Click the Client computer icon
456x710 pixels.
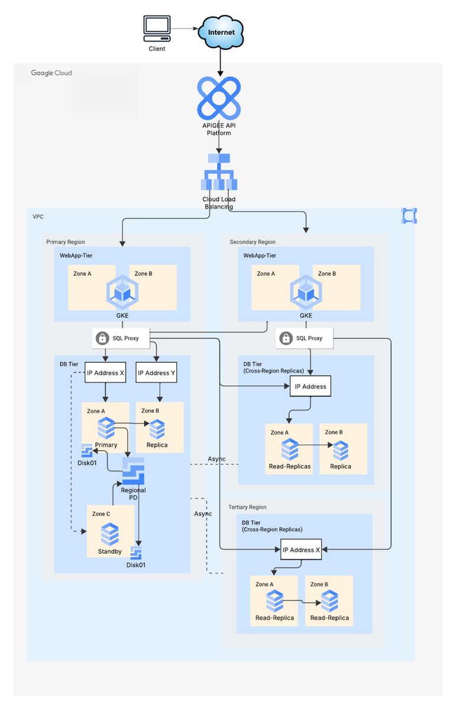coord(157,28)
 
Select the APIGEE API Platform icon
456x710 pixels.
coord(219,98)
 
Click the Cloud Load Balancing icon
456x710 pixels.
coord(219,172)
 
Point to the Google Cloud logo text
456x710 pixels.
coord(51,73)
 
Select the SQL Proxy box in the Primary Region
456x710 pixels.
coord(122,338)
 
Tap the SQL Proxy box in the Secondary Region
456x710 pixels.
coord(305,338)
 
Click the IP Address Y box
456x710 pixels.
coord(156,373)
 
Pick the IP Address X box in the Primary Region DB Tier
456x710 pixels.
coord(105,373)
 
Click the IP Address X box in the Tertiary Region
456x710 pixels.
coord(300,550)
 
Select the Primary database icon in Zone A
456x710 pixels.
coord(106,428)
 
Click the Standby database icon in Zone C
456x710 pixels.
coord(109,534)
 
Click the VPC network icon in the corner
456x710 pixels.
coord(409,216)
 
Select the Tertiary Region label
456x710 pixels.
coord(247,507)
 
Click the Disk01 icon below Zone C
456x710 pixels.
coord(137,554)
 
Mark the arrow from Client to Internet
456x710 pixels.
coord(185,28)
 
